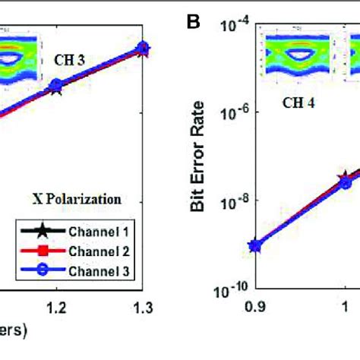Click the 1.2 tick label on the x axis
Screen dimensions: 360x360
pos(56,308)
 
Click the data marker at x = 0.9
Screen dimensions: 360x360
pos(256,245)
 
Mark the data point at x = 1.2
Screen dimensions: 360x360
pos(55,87)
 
